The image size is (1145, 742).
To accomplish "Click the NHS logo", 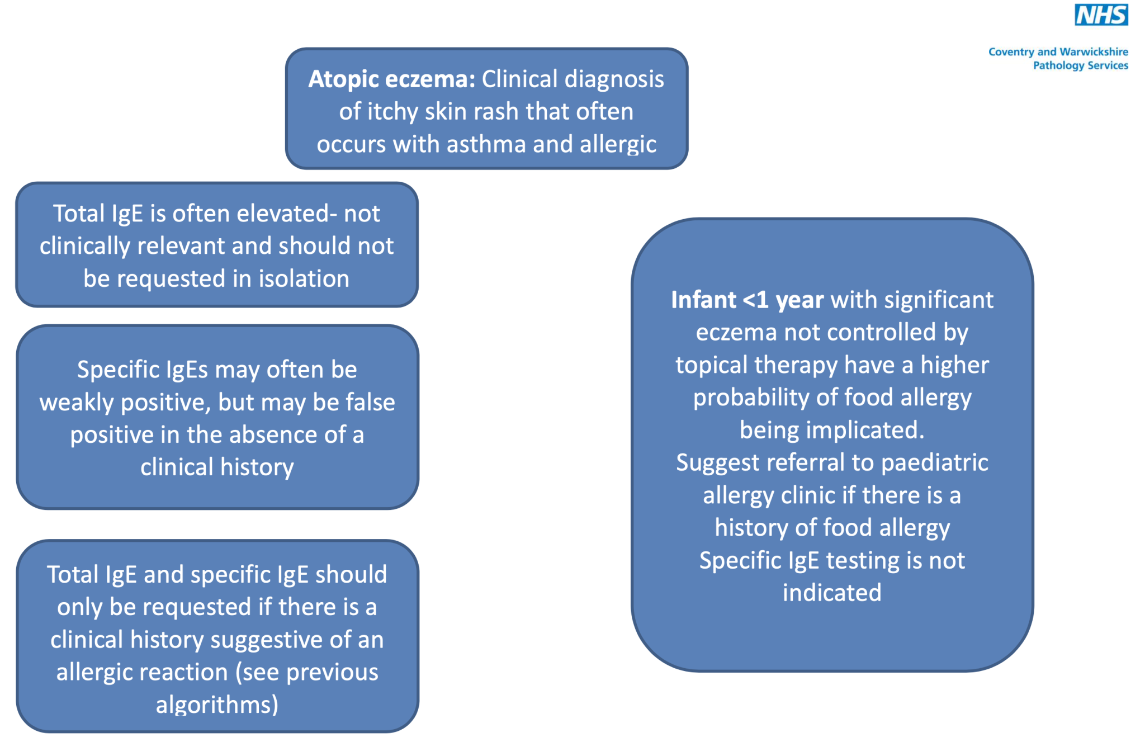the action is tap(1101, 15).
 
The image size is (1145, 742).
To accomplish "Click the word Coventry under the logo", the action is tap(1011, 53).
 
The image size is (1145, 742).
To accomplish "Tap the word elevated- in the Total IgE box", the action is tap(287, 214).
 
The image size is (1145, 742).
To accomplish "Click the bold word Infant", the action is tap(703, 300).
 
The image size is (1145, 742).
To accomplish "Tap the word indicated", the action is tap(832, 593).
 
